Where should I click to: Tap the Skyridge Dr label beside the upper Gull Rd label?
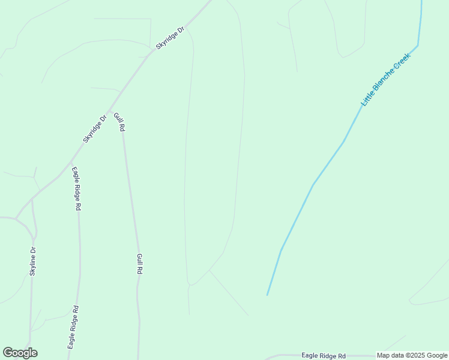pyautogui.click(x=94, y=128)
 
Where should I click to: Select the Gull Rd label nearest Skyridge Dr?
pyautogui.click(x=119, y=122)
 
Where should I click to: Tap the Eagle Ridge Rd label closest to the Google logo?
pyautogui.click(x=73, y=327)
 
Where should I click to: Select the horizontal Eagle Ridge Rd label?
pyautogui.click(x=324, y=356)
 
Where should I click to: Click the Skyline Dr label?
pyautogui.click(x=33, y=262)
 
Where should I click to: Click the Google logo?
pyautogui.click(x=20, y=353)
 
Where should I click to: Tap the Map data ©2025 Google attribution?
pyautogui.click(x=412, y=356)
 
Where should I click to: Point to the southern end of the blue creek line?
pyautogui.click(x=267, y=295)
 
